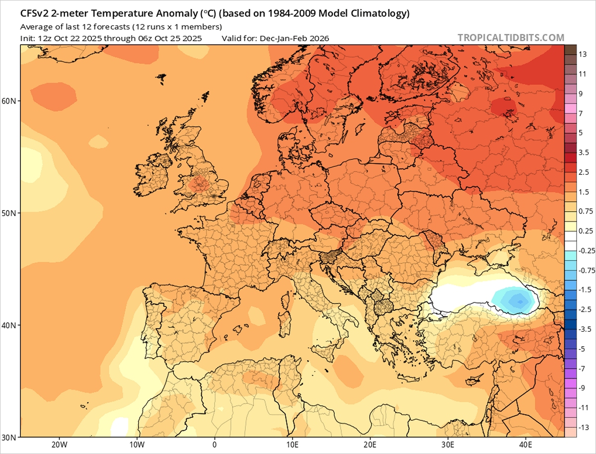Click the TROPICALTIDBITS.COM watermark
tap(511, 38)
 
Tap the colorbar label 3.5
tap(584, 153)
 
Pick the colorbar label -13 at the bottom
tap(584, 428)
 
